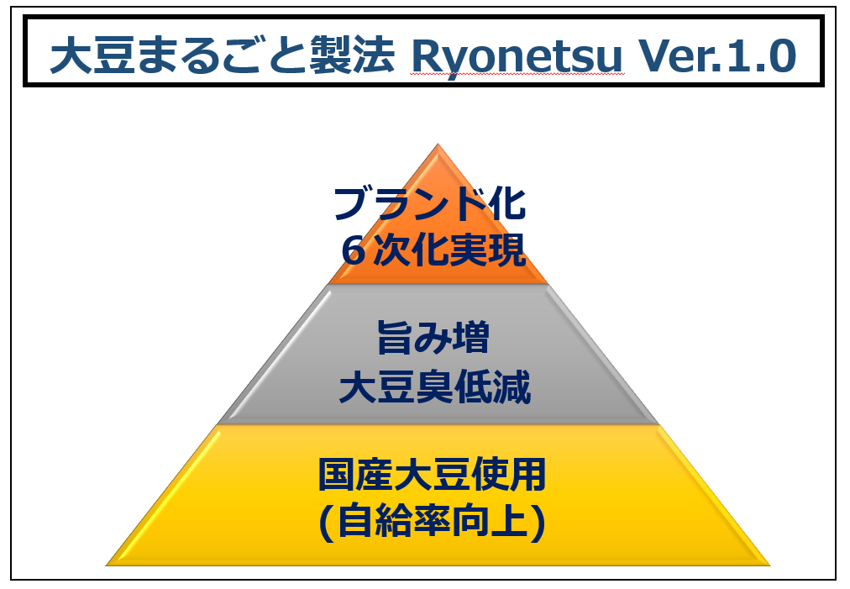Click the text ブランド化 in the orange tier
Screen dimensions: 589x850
(x=430, y=204)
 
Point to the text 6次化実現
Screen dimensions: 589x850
(x=434, y=250)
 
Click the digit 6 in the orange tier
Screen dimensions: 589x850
(x=354, y=250)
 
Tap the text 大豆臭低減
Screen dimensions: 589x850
(x=434, y=389)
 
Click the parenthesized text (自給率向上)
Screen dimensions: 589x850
(x=433, y=522)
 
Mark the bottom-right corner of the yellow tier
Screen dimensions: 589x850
(x=768, y=564)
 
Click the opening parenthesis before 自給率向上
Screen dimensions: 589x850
(x=325, y=523)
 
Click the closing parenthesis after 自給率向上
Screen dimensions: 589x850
(x=540, y=523)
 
